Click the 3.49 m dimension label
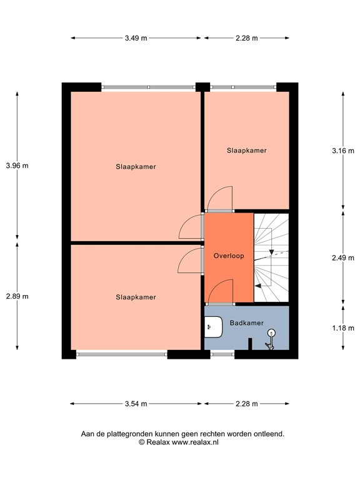tap(136, 38)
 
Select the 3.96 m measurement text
tap(17, 166)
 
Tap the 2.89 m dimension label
tap(17, 296)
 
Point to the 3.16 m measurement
tap(343, 151)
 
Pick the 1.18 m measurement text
tap(343, 327)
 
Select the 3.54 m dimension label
tap(136, 404)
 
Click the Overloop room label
tap(228, 256)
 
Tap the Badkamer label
tap(246, 322)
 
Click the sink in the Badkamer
tap(213, 326)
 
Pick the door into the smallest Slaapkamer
tap(219, 198)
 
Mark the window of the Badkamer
tap(222, 354)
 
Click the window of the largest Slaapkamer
tap(148, 87)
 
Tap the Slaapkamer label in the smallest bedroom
tap(247, 151)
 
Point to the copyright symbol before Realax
tap(142, 442)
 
